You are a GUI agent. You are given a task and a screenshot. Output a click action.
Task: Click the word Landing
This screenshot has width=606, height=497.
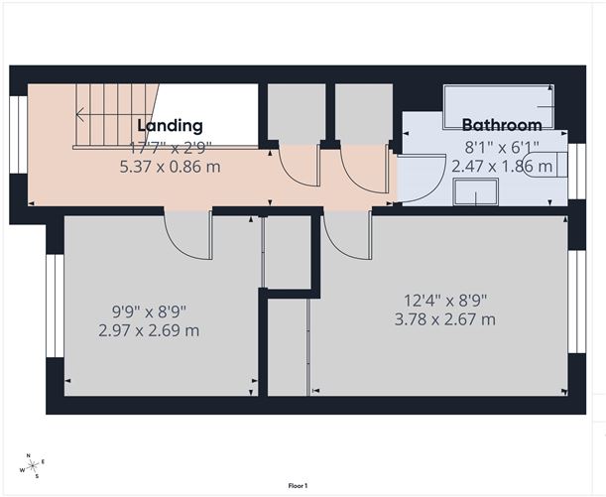click(170, 126)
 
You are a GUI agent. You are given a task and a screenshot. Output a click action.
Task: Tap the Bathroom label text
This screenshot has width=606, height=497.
click(502, 126)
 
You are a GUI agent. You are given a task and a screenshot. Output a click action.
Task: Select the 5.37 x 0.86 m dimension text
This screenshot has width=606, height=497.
click(169, 167)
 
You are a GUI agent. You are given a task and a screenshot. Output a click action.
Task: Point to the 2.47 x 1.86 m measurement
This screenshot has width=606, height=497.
click(502, 167)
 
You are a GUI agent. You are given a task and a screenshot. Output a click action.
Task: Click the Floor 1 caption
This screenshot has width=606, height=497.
click(298, 485)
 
